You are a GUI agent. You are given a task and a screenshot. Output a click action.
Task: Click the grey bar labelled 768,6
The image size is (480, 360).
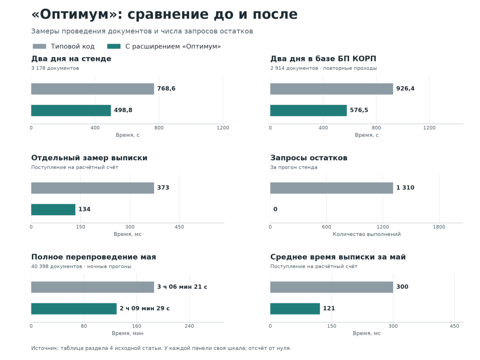pos(92,89)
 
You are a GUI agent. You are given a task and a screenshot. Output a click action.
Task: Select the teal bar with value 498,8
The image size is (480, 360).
pos(71,111)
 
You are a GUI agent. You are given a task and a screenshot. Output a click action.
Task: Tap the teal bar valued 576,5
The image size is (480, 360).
pos(308,111)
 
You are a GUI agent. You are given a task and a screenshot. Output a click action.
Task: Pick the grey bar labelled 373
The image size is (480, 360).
pos(92,188)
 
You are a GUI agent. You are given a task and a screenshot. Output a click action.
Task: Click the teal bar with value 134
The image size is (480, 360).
pos(53,210)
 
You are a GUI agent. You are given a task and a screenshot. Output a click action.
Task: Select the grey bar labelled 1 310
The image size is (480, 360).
pos(331,188)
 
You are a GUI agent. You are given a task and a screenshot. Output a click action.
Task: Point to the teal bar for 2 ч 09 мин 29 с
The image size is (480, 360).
pos(74,308)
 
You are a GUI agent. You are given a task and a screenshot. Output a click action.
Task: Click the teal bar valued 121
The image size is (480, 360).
pos(295,308)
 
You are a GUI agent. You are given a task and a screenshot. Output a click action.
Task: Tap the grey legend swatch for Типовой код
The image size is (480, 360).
pos(39,46)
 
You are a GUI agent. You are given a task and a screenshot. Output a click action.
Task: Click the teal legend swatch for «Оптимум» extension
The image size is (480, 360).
pos(114,46)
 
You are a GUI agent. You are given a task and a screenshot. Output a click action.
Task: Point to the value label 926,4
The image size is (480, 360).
pos(405,89)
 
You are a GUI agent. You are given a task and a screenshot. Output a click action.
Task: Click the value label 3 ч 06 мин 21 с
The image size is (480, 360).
pos(182,287)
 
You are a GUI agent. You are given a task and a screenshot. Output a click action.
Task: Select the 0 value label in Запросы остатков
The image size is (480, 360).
pos(275,209)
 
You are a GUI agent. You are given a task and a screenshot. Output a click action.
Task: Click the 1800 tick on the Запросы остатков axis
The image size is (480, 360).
pos(439,227)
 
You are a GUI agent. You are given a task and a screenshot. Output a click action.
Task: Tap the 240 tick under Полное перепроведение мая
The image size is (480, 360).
pos(189,326)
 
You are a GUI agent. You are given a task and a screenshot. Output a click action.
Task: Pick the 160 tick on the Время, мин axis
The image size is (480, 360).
pos(136,326)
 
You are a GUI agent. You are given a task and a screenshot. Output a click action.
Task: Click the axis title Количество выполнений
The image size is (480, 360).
pos(367,234)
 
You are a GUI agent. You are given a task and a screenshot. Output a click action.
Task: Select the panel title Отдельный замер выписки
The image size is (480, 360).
pos(90,158)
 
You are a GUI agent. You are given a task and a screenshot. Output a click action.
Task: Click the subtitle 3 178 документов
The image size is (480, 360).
pos(55,68)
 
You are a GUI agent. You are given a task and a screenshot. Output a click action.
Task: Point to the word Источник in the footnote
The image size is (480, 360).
pos(45,348)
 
